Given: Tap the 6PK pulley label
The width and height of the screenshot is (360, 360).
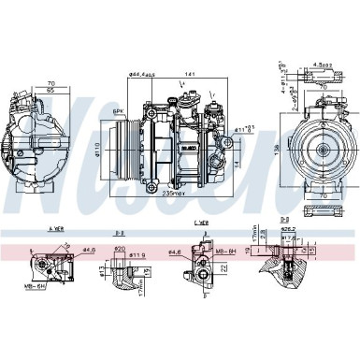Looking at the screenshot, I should [118, 111].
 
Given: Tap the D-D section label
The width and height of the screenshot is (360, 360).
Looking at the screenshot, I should [284, 219].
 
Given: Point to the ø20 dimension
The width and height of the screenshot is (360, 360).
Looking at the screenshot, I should [120, 249].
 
